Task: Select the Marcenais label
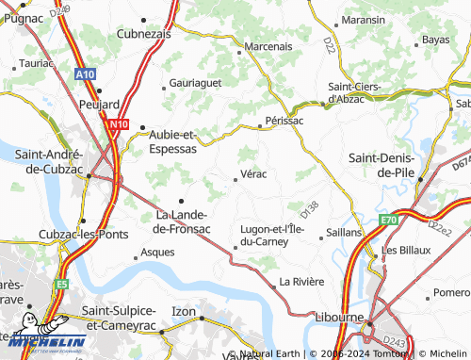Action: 268,45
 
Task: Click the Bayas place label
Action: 435,40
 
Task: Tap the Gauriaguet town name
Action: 193,83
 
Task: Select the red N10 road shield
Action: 118,123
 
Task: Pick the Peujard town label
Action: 101,104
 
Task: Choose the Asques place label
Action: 156,253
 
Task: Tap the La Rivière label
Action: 300,283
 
